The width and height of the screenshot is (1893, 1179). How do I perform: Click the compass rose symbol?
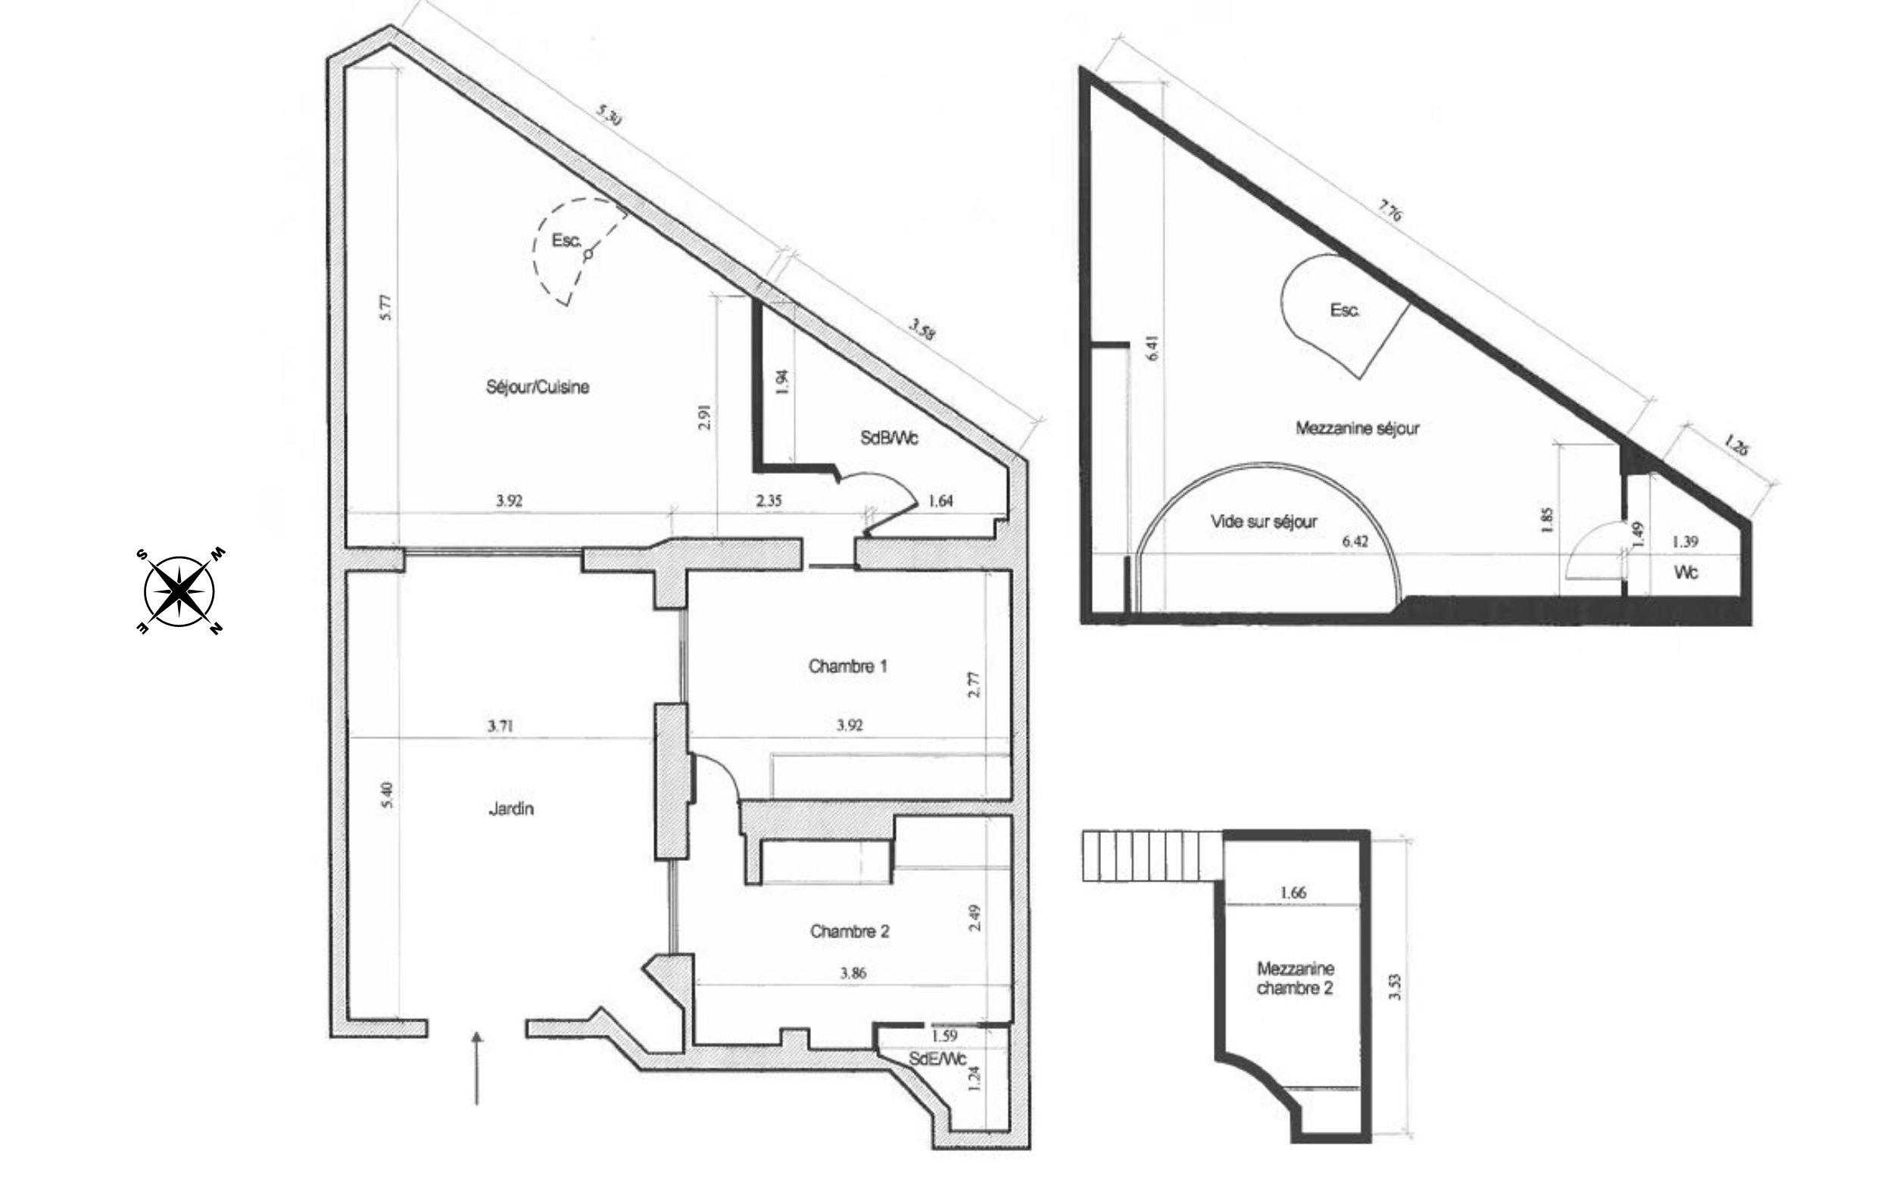pyautogui.click(x=179, y=591)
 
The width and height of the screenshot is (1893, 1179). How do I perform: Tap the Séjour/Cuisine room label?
pyautogui.click(x=537, y=387)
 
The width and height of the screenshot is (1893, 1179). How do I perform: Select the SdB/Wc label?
pyautogui.click(x=889, y=438)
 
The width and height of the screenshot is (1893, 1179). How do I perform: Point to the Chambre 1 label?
pyautogui.click(x=847, y=666)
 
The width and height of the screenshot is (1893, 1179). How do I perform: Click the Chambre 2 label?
pyautogui.click(x=849, y=931)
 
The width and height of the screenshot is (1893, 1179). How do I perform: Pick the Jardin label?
pyautogui.click(x=510, y=809)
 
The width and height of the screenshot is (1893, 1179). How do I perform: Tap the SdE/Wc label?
pyautogui.click(x=937, y=1059)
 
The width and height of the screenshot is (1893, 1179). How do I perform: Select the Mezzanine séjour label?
pyautogui.click(x=1358, y=428)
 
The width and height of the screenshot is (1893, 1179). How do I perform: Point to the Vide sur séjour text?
pyautogui.click(x=1264, y=522)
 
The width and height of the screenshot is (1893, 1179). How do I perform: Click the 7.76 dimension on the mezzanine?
pyautogui.click(x=1389, y=211)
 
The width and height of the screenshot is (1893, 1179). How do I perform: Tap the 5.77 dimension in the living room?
pyautogui.click(x=388, y=307)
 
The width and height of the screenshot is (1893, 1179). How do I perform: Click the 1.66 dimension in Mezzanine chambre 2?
pyautogui.click(x=1293, y=893)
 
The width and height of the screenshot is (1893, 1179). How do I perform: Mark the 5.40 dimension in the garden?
pyautogui.click(x=389, y=795)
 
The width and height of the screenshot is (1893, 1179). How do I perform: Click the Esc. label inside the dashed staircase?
pyautogui.click(x=566, y=241)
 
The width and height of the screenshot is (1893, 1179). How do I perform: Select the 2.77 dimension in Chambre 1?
pyautogui.click(x=974, y=685)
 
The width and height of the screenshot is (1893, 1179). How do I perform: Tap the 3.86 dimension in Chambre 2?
pyautogui.click(x=853, y=972)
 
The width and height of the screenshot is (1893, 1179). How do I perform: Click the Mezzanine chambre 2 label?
pyautogui.click(x=1295, y=978)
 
